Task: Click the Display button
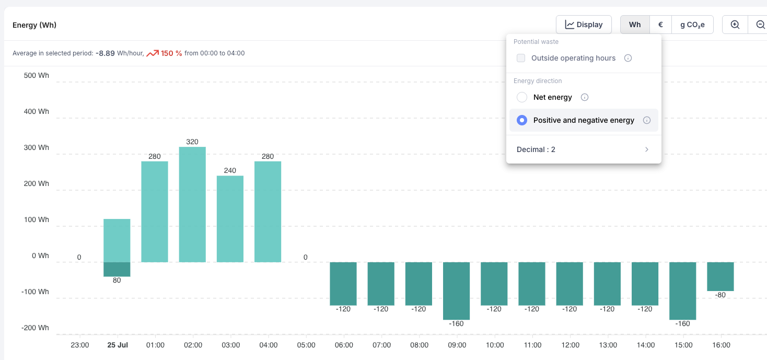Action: [584, 25]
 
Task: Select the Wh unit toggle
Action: [635, 25]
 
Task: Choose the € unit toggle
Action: [660, 25]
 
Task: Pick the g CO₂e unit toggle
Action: [692, 25]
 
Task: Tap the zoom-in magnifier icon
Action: [735, 25]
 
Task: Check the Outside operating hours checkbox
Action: [521, 58]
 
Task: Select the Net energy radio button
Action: [522, 97]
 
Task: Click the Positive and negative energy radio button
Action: [522, 120]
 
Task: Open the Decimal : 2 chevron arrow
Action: [647, 149]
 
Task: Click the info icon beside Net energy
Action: [585, 97]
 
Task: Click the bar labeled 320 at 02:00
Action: [192, 204]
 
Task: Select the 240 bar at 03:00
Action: [230, 219]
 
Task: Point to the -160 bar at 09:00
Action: [457, 291]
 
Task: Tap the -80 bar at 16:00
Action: [720, 276]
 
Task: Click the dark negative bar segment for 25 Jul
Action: [117, 269]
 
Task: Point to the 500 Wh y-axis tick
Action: [36, 75]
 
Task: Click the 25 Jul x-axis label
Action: [118, 345]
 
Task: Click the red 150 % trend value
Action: [171, 53]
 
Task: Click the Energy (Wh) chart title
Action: [34, 25]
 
